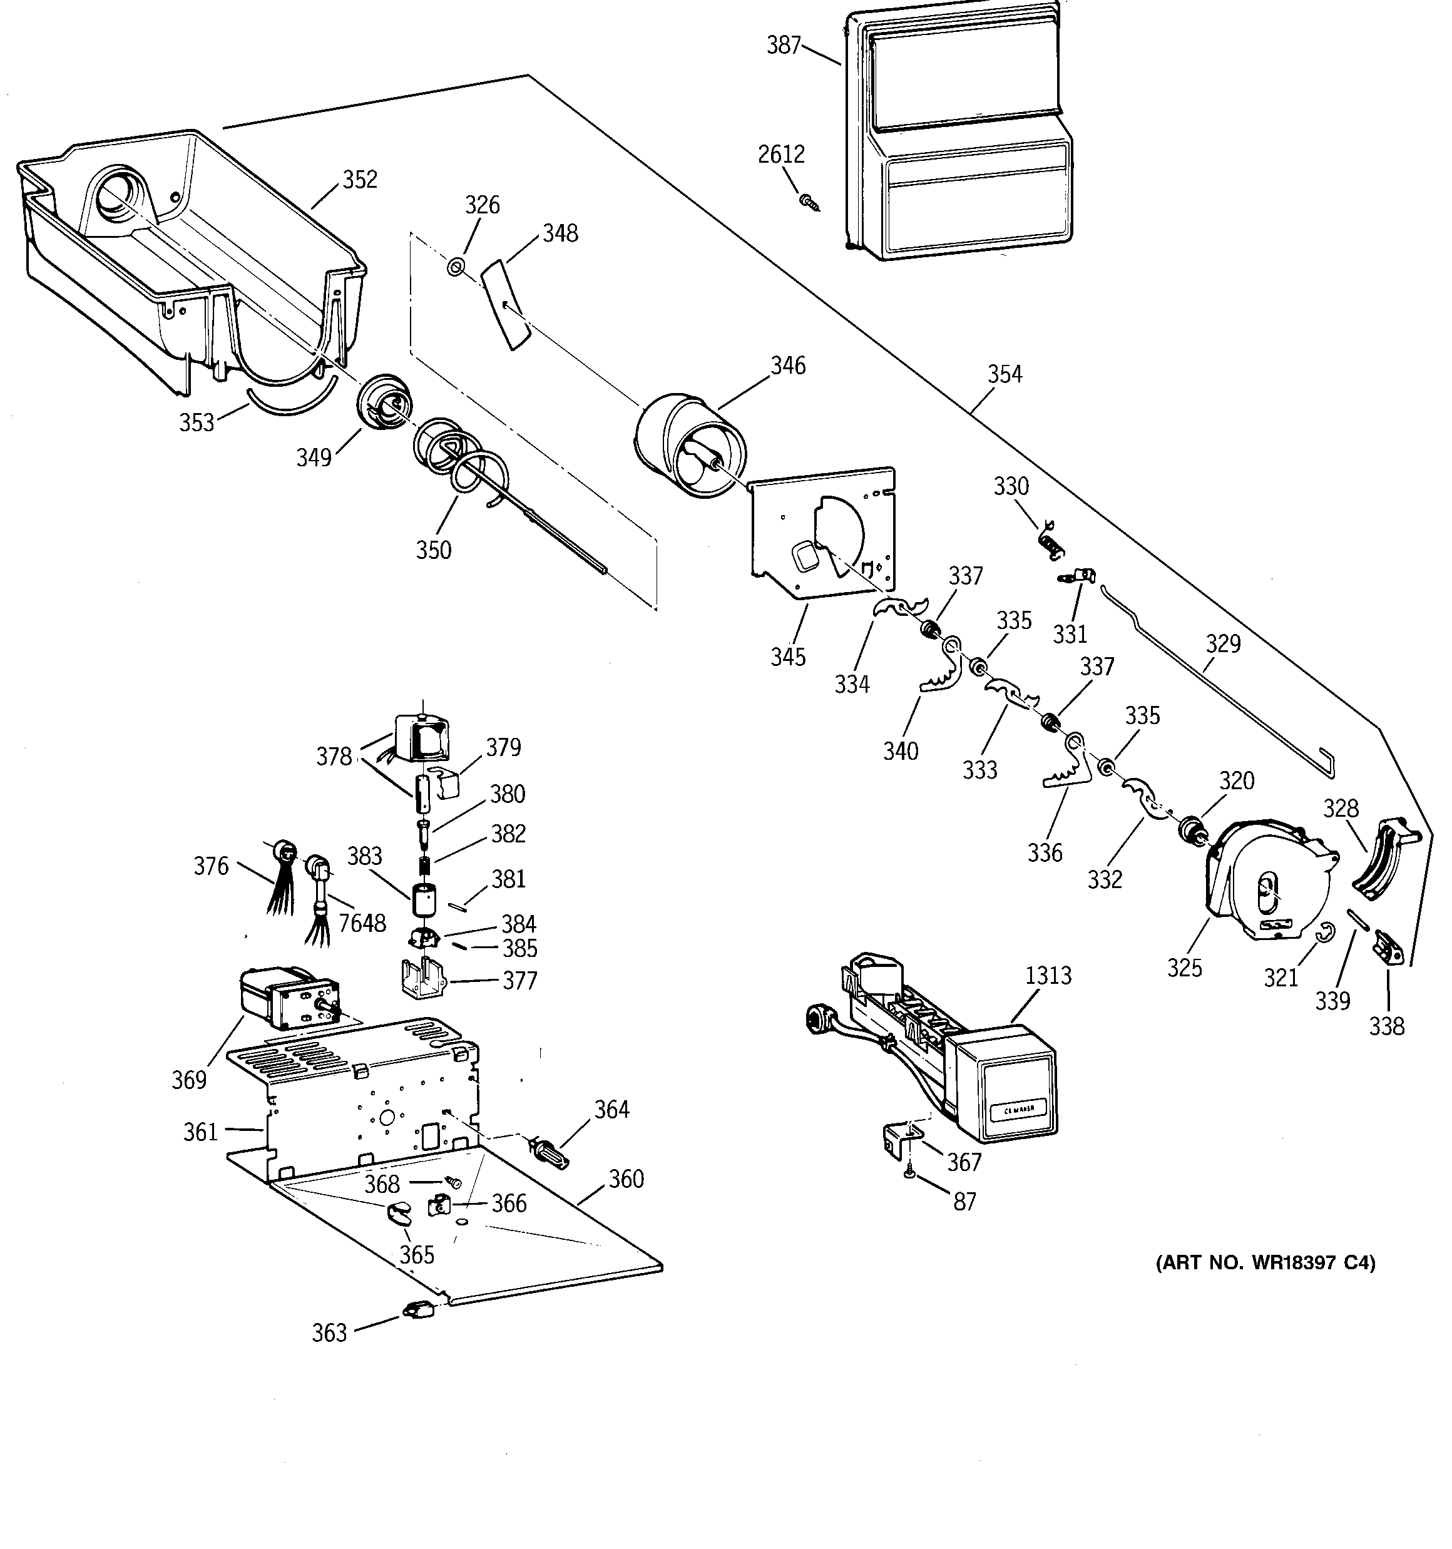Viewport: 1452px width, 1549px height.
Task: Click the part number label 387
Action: click(x=784, y=45)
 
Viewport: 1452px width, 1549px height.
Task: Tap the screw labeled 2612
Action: click(x=810, y=203)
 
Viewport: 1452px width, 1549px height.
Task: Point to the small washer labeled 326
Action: click(x=455, y=267)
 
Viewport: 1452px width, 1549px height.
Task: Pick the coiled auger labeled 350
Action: click(x=460, y=464)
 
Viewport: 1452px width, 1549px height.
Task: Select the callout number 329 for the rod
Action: click(x=1223, y=643)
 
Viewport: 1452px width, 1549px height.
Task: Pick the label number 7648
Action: click(x=362, y=923)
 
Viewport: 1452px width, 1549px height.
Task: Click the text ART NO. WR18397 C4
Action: click(x=1265, y=1263)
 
